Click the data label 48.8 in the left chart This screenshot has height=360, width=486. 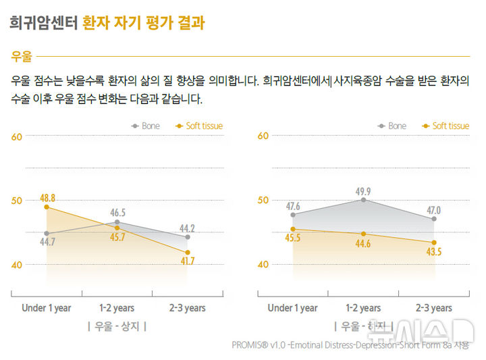[47, 198]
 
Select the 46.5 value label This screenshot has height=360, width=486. [117, 213]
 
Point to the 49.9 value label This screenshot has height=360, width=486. [364, 191]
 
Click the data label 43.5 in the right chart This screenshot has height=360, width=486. [434, 251]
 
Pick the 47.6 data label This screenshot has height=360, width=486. [292, 206]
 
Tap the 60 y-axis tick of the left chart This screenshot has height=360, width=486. [18, 136]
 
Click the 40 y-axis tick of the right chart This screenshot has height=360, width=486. [263, 264]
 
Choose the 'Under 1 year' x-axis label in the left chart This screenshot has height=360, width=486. [47, 308]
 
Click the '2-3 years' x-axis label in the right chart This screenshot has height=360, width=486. [433, 308]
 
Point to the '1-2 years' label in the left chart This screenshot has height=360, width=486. [117, 308]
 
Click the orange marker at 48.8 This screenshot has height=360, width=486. [47, 207]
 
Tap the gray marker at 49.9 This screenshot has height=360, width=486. [363, 200]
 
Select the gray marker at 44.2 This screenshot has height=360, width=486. [187, 237]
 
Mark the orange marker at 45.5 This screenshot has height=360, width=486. [293, 229]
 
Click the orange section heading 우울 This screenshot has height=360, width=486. [21, 57]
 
